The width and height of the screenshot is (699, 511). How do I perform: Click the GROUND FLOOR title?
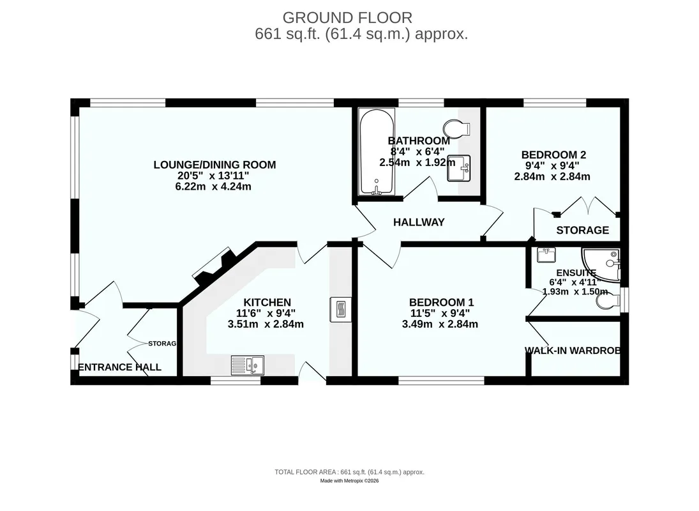pyautogui.click(x=347, y=17)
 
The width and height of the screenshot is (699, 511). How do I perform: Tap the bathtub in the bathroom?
pyautogui.click(x=377, y=151)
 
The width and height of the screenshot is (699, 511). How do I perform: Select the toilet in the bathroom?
pyautogui.click(x=457, y=128)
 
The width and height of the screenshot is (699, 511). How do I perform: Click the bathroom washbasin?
pyautogui.click(x=459, y=168)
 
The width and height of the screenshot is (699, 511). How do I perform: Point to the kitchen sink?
pyautogui.click(x=248, y=365)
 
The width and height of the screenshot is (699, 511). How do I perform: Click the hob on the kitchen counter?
pyautogui.click(x=340, y=309)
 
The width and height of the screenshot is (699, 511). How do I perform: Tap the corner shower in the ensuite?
pyautogui.click(x=601, y=265)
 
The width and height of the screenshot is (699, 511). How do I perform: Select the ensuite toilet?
pyautogui.click(x=608, y=301)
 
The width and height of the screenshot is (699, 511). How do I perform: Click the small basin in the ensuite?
pyautogui.click(x=546, y=255)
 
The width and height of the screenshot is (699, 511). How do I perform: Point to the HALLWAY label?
pyautogui.click(x=419, y=222)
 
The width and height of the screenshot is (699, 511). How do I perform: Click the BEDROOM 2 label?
pyautogui.click(x=553, y=155)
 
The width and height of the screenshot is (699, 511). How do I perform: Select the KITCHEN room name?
pyautogui.click(x=267, y=302)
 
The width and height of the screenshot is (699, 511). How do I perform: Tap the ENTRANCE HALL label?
pyautogui.click(x=119, y=367)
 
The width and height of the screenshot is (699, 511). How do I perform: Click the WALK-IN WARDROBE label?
pyautogui.click(x=573, y=351)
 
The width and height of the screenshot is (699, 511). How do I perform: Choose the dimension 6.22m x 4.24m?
pyautogui.click(x=213, y=187)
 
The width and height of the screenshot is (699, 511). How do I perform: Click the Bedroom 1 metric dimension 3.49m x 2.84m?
pyautogui.click(x=440, y=324)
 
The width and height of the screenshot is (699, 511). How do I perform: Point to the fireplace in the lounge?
pyautogui.click(x=214, y=267)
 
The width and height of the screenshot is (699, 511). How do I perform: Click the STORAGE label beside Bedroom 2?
pyautogui.click(x=582, y=230)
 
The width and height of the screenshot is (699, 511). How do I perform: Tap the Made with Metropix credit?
pyautogui.click(x=350, y=481)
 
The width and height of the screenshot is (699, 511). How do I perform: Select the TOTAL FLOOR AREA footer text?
pyautogui.click(x=350, y=472)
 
